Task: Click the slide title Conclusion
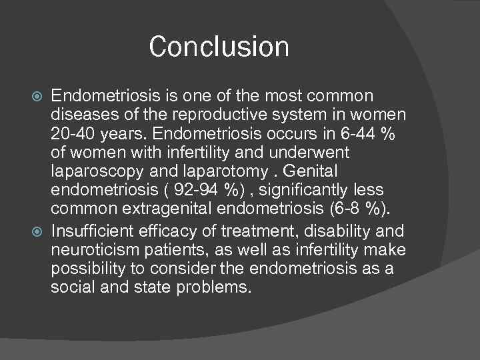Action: click(219, 47)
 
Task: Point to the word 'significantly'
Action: click(307, 192)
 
